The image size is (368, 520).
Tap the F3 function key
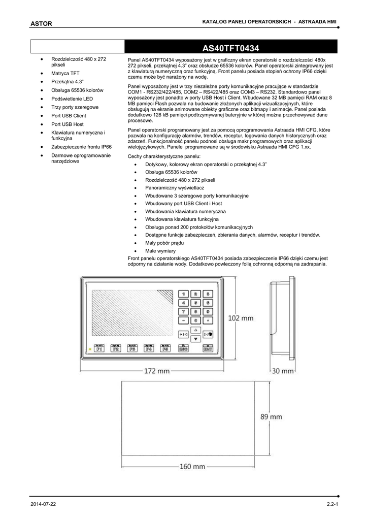click(132, 349)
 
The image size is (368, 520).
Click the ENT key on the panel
click(208, 349)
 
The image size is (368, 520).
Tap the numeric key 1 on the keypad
click(183, 294)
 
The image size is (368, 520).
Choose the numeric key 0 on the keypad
click(195, 321)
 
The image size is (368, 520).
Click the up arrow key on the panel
click(195, 330)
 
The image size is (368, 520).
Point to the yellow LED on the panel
click(90, 349)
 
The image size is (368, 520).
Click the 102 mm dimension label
click(241, 318)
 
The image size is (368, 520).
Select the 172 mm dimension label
click(157, 371)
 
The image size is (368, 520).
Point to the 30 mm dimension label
click(283, 371)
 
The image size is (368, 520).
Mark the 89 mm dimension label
click(272, 417)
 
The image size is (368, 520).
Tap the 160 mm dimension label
click(188, 467)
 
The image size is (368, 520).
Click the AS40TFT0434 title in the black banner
click(231, 49)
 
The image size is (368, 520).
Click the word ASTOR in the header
click(41, 23)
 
